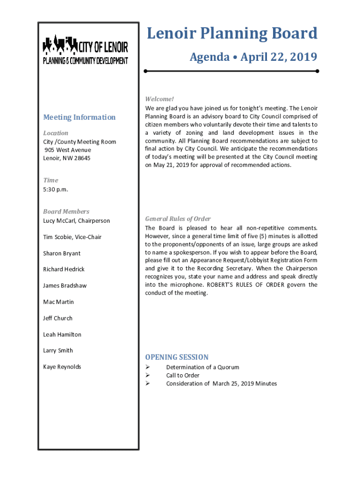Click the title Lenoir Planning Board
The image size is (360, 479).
point(232,34)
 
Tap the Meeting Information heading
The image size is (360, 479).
point(79,117)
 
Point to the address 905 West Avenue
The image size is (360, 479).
point(68,150)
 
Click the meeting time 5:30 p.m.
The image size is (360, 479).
point(56,189)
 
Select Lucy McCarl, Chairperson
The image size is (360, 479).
point(77,221)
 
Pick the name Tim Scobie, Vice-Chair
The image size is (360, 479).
point(72,237)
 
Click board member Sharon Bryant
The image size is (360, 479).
point(62,254)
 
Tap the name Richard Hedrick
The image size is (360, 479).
point(65,269)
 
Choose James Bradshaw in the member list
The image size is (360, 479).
point(65,286)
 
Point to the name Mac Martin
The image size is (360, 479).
point(58,302)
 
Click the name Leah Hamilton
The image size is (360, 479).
point(62,334)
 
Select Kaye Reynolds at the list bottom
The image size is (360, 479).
point(62,367)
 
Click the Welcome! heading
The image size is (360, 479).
point(159,99)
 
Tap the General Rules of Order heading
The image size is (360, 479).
point(178,219)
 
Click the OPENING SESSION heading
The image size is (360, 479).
point(177,357)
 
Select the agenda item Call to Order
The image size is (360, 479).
point(183,376)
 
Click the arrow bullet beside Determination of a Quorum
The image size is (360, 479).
point(147,367)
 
